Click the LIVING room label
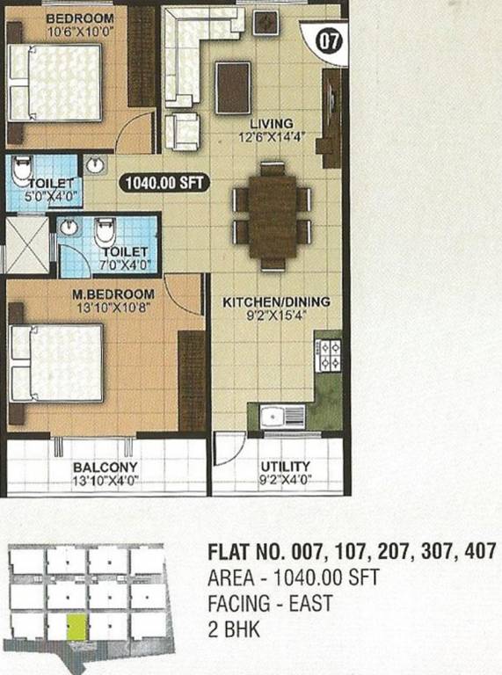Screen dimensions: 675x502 [x=270, y=123]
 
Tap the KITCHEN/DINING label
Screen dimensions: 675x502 [x=276, y=302]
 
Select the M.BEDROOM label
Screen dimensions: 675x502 [x=113, y=294]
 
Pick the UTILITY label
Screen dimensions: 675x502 [x=287, y=467]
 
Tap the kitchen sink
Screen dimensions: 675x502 [x=280, y=417]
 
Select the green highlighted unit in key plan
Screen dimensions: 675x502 [x=76, y=626]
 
